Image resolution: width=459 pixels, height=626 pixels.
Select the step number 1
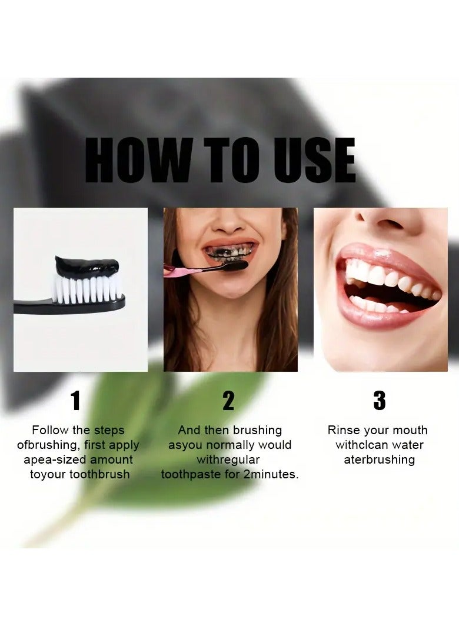click(75, 401)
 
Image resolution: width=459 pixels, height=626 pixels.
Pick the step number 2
click(228, 401)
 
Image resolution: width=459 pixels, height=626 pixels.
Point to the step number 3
click(380, 401)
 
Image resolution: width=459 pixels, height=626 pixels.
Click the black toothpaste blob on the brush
click(87, 266)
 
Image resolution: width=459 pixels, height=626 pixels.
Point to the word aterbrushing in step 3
click(379, 459)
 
